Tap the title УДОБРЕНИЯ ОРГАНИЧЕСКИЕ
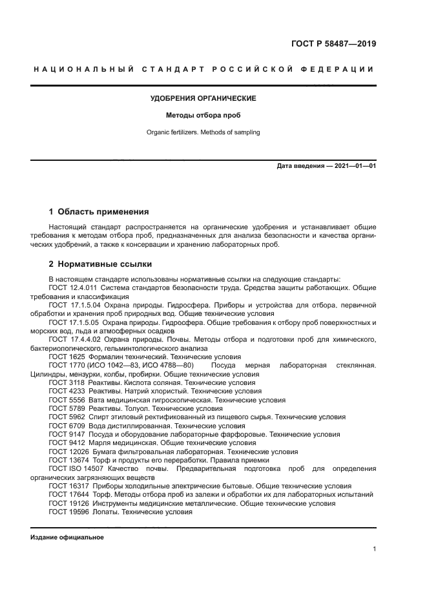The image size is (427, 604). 203,98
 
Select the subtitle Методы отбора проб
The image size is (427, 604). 203,116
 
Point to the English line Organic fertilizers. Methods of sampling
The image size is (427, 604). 203,132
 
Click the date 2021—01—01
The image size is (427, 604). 353,166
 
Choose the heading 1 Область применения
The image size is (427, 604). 99,211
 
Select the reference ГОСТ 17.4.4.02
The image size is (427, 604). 73,339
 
